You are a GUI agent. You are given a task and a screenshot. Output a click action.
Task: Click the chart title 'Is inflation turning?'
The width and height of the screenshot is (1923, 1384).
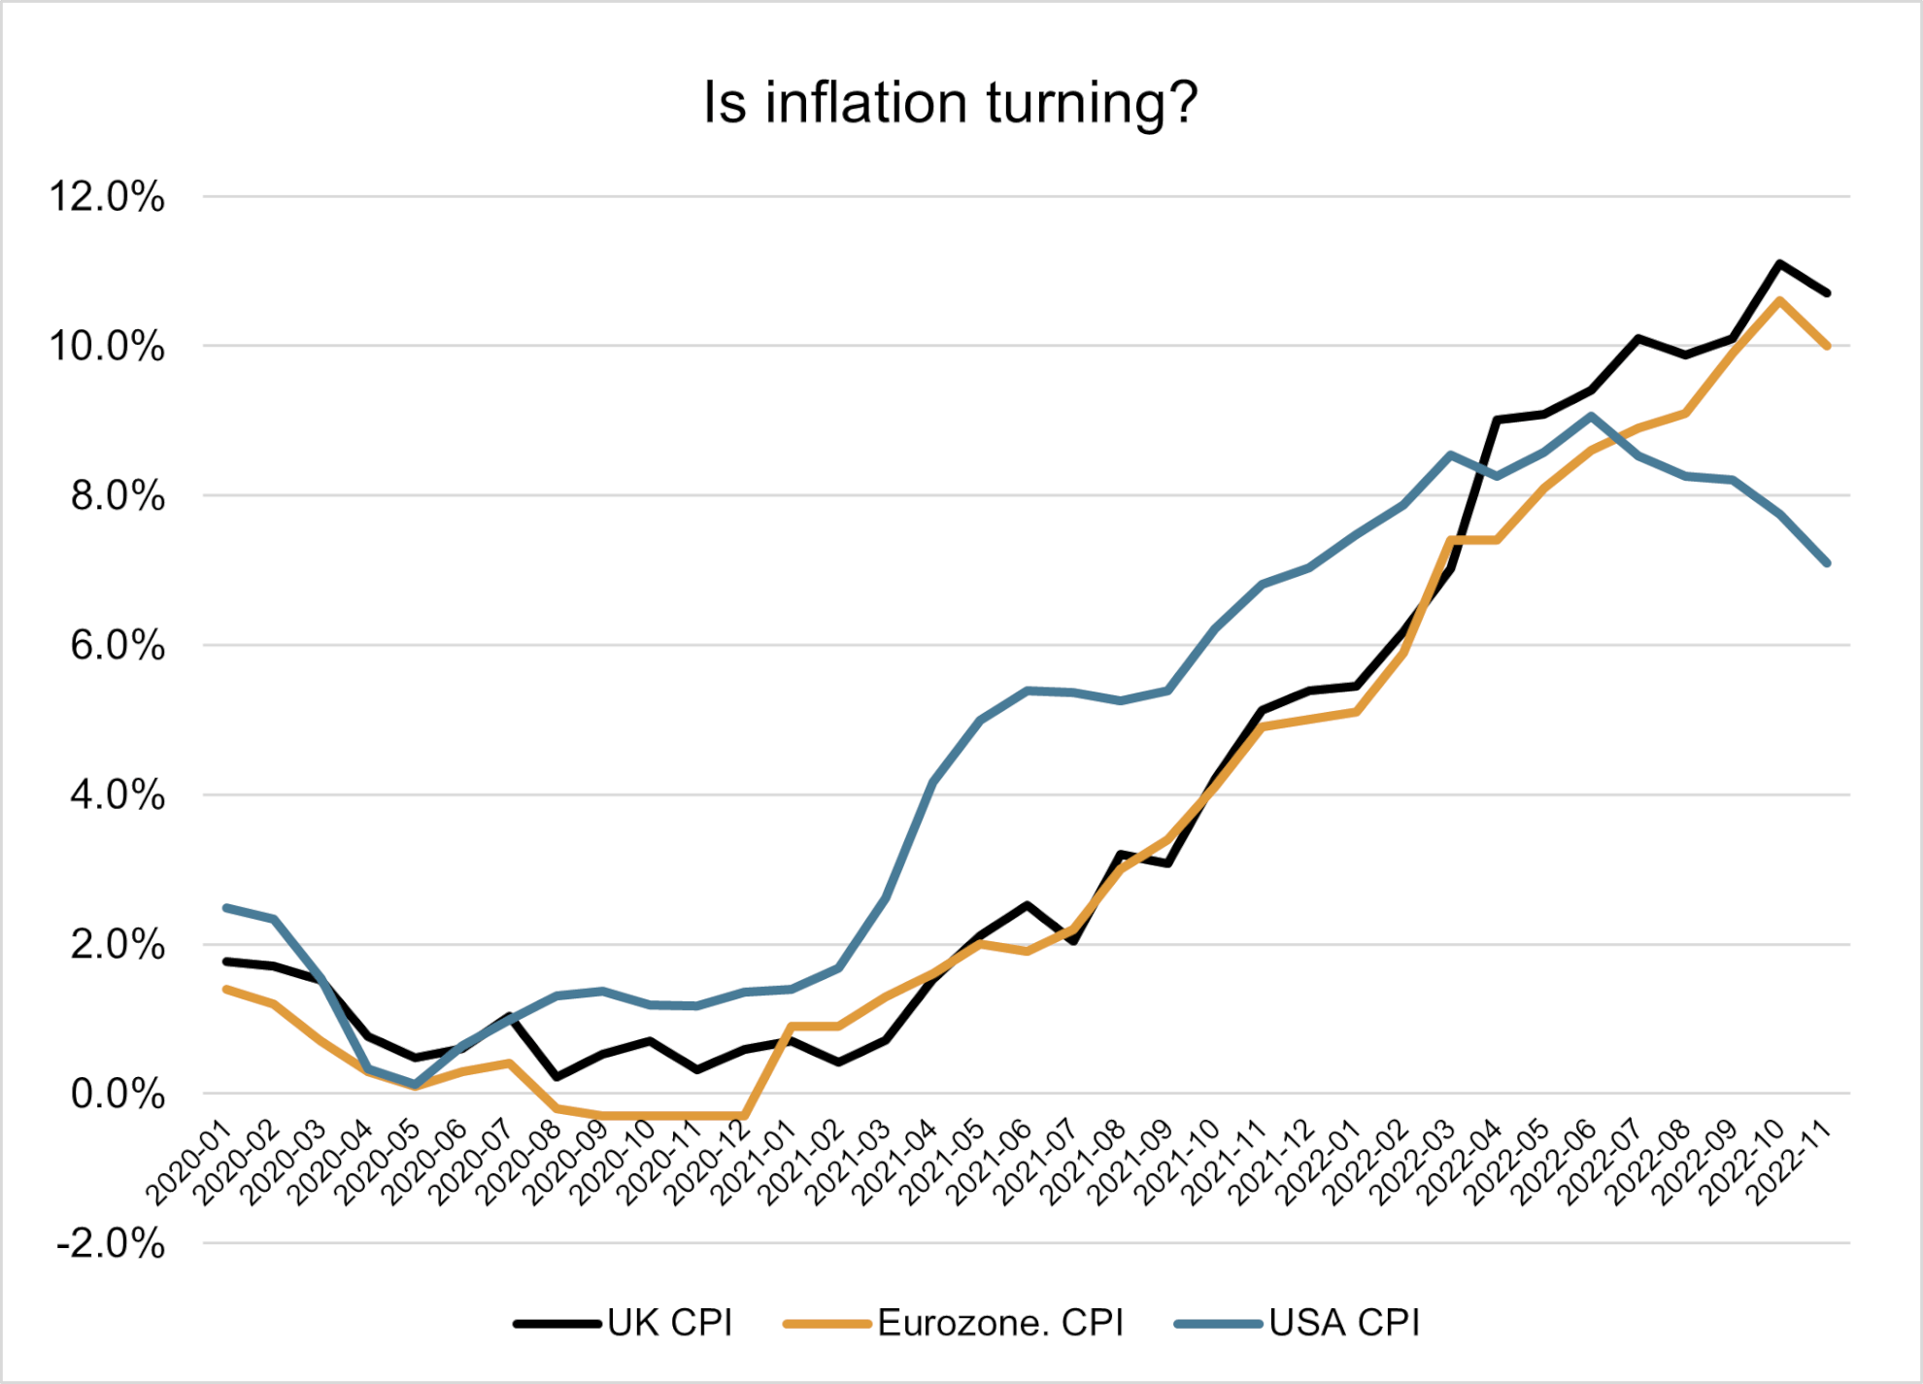coord(950,103)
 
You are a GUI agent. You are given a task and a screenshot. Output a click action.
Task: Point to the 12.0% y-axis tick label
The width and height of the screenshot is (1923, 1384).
coord(107,197)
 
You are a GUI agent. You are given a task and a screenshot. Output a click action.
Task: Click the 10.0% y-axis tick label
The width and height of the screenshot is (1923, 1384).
coord(107,347)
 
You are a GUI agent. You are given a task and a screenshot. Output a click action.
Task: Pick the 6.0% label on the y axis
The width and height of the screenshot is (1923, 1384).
coord(117,646)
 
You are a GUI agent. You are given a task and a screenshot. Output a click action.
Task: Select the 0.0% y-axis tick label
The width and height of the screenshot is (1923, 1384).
coord(117,1095)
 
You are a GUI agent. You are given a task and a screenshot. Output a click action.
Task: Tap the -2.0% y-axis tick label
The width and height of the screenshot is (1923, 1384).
coord(111,1244)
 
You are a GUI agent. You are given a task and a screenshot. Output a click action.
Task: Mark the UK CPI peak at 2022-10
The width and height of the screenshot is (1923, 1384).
coord(1779,263)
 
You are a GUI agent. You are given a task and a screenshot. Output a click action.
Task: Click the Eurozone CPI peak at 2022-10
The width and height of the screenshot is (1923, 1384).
coord(1779,300)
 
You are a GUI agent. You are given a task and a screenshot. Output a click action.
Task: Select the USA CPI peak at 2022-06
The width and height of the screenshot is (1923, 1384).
coord(1591,416)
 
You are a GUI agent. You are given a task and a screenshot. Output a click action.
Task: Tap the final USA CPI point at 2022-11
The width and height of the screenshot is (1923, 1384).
coord(1827,562)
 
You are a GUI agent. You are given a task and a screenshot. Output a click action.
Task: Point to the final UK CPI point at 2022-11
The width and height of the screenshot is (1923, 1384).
coord(1827,292)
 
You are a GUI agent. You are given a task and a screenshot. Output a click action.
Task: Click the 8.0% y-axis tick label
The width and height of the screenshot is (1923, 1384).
coord(117,496)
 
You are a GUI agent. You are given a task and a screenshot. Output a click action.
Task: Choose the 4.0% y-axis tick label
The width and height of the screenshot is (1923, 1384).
coord(117,795)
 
